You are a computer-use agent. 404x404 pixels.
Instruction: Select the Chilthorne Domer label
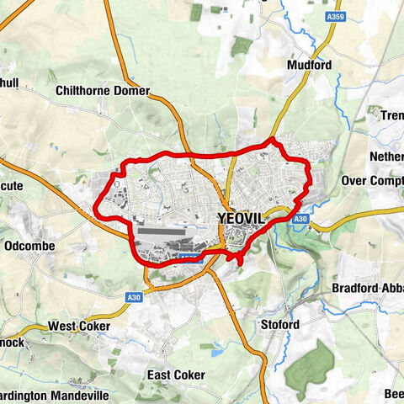pos(102,90)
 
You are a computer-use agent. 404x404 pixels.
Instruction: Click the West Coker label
pos(78,325)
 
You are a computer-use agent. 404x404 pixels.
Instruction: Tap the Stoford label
pos(280,325)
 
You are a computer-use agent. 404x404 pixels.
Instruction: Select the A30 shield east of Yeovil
pos(302,219)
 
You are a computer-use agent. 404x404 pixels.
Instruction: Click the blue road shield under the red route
pos(190,258)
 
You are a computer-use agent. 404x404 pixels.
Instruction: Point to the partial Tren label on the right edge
pos(392,115)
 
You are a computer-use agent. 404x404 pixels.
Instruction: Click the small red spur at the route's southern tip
pos(240,262)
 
